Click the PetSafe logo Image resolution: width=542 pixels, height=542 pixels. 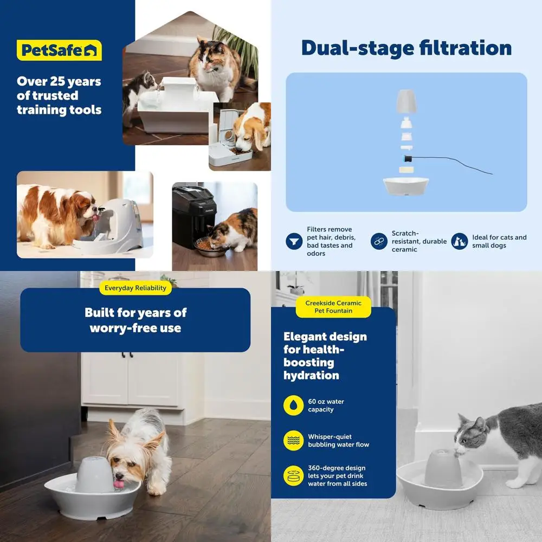pyautogui.click(x=59, y=50)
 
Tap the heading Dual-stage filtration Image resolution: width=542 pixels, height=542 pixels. pyautogui.click(x=406, y=48)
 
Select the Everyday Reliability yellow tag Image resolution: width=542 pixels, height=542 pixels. pyautogui.click(x=135, y=288)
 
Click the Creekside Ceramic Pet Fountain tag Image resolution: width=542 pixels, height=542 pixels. pyautogui.click(x=333, y=307)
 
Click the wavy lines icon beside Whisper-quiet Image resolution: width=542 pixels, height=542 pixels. pyautogui.click(x=293, y=441)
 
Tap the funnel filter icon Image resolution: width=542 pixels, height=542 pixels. pyautogui.click(x=294, y=241)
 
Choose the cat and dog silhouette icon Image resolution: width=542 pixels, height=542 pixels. pyautogui.click(x=460, y=241)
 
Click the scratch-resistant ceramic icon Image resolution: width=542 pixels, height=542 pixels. pyautogui.click(x=379, y=241)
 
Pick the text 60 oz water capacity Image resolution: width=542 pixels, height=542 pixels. pyautogui.click(x=326, y=405)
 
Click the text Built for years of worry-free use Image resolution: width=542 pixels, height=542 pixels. pyautogui.click(x=135, y=320)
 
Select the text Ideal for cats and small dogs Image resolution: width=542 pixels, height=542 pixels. pyautogui.click(x=499, y=241)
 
